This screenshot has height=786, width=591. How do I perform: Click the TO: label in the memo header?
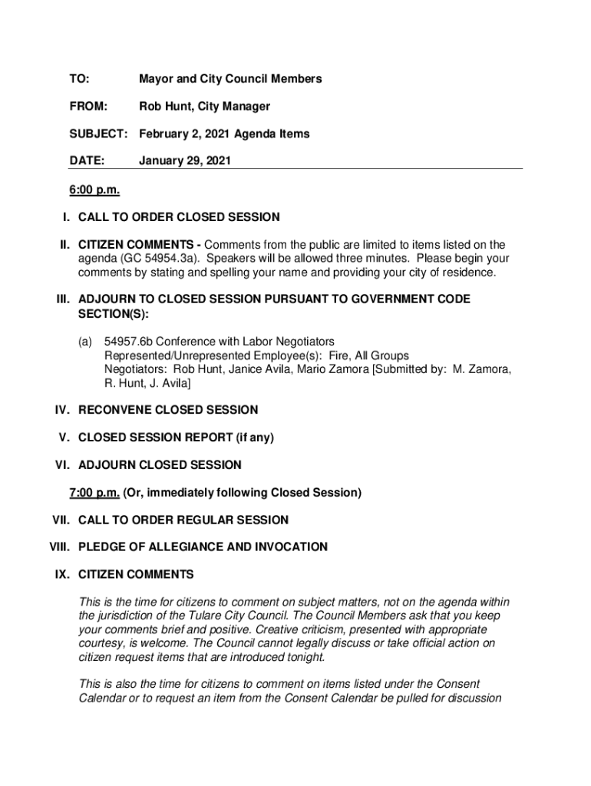79,79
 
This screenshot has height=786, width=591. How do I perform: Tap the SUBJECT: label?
98,134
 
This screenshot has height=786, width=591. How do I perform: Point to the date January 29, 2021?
184,161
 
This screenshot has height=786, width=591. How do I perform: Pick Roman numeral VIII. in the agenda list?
59,547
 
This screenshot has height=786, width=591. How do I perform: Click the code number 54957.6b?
130,342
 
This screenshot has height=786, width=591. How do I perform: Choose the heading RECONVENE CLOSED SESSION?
168,410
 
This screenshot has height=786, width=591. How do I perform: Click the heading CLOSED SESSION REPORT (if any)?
176,438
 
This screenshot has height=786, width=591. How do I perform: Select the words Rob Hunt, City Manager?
204,107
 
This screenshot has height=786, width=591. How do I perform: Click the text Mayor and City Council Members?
230,79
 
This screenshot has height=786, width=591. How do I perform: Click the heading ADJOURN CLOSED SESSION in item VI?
160,465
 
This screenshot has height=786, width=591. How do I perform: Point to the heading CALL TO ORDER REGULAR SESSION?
183,520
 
